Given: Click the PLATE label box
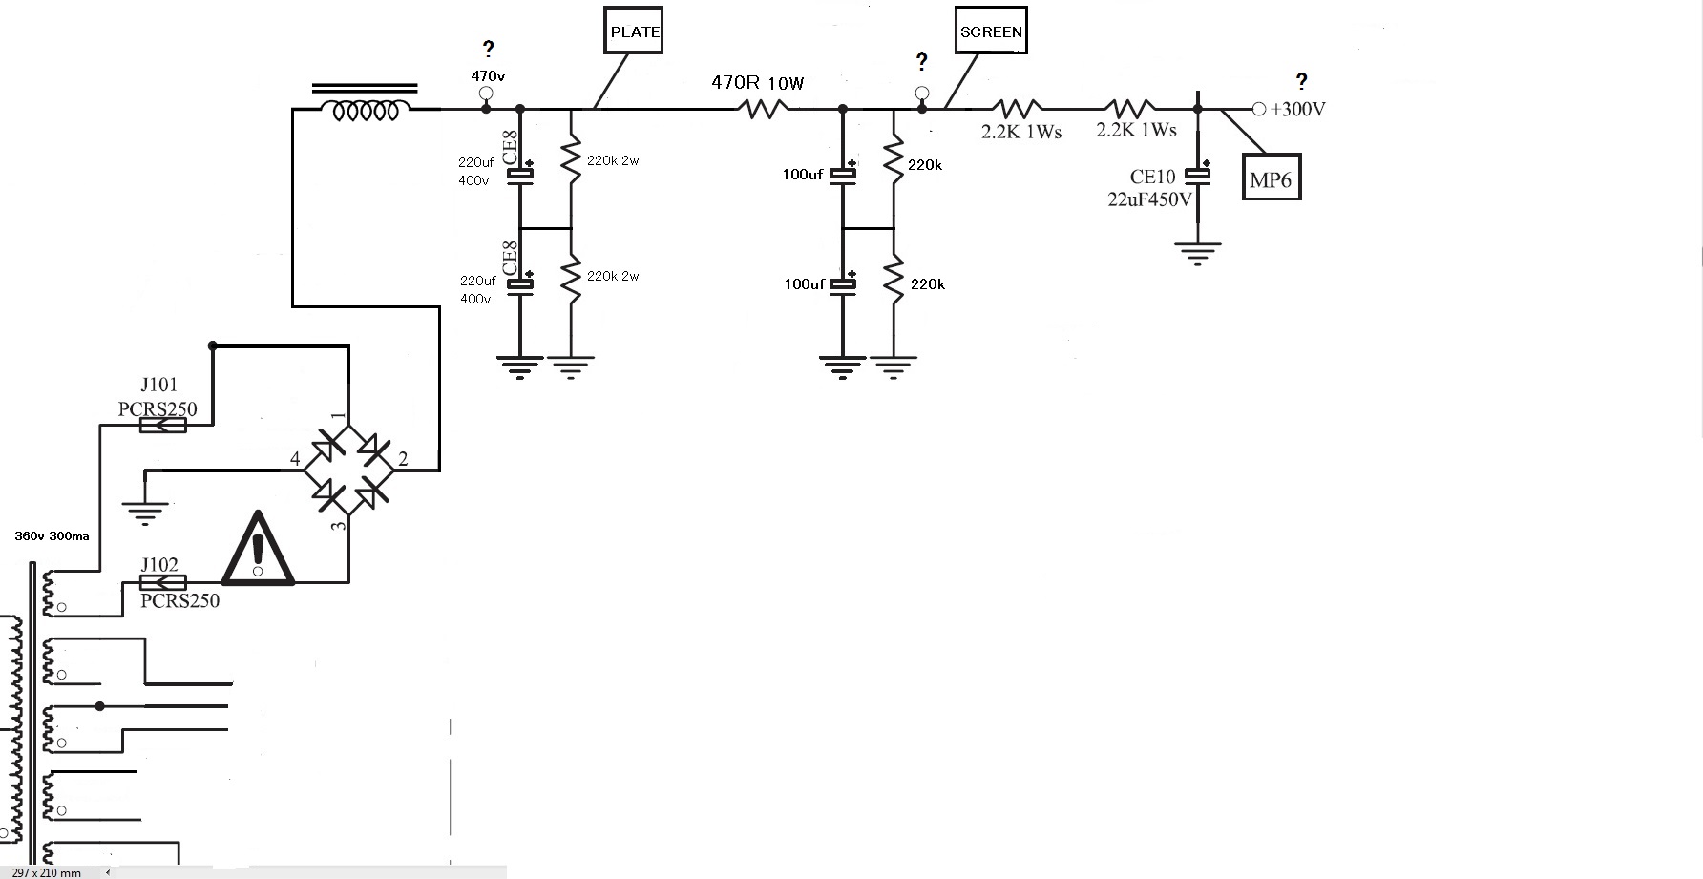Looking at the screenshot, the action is tap(635, 31).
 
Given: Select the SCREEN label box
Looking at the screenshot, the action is tap(991, 31).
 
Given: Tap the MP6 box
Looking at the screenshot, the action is tap(1271, 178).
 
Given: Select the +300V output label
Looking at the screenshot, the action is tap(1298, 109).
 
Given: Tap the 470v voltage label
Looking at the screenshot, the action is tap(488, 74).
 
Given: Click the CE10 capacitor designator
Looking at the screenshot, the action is tap(1152, 177).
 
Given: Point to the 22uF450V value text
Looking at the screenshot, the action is tap(1150, 199).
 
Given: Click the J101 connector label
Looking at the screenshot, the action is tap(158, 385).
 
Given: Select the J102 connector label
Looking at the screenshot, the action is tap(158, 564).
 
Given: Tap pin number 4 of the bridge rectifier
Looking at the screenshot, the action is tap(296, 459).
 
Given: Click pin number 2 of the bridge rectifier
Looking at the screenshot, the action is tap(403, 459).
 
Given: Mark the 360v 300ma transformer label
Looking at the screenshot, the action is tap(52, 536).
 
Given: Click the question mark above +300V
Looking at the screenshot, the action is tap(1301, 81).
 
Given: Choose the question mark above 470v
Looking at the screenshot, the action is tap(489, 49).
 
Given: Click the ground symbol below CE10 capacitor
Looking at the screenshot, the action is tap(1198, 254).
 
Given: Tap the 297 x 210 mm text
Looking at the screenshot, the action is tap(46, 872).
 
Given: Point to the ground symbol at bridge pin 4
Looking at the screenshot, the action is tap(144, 512).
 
